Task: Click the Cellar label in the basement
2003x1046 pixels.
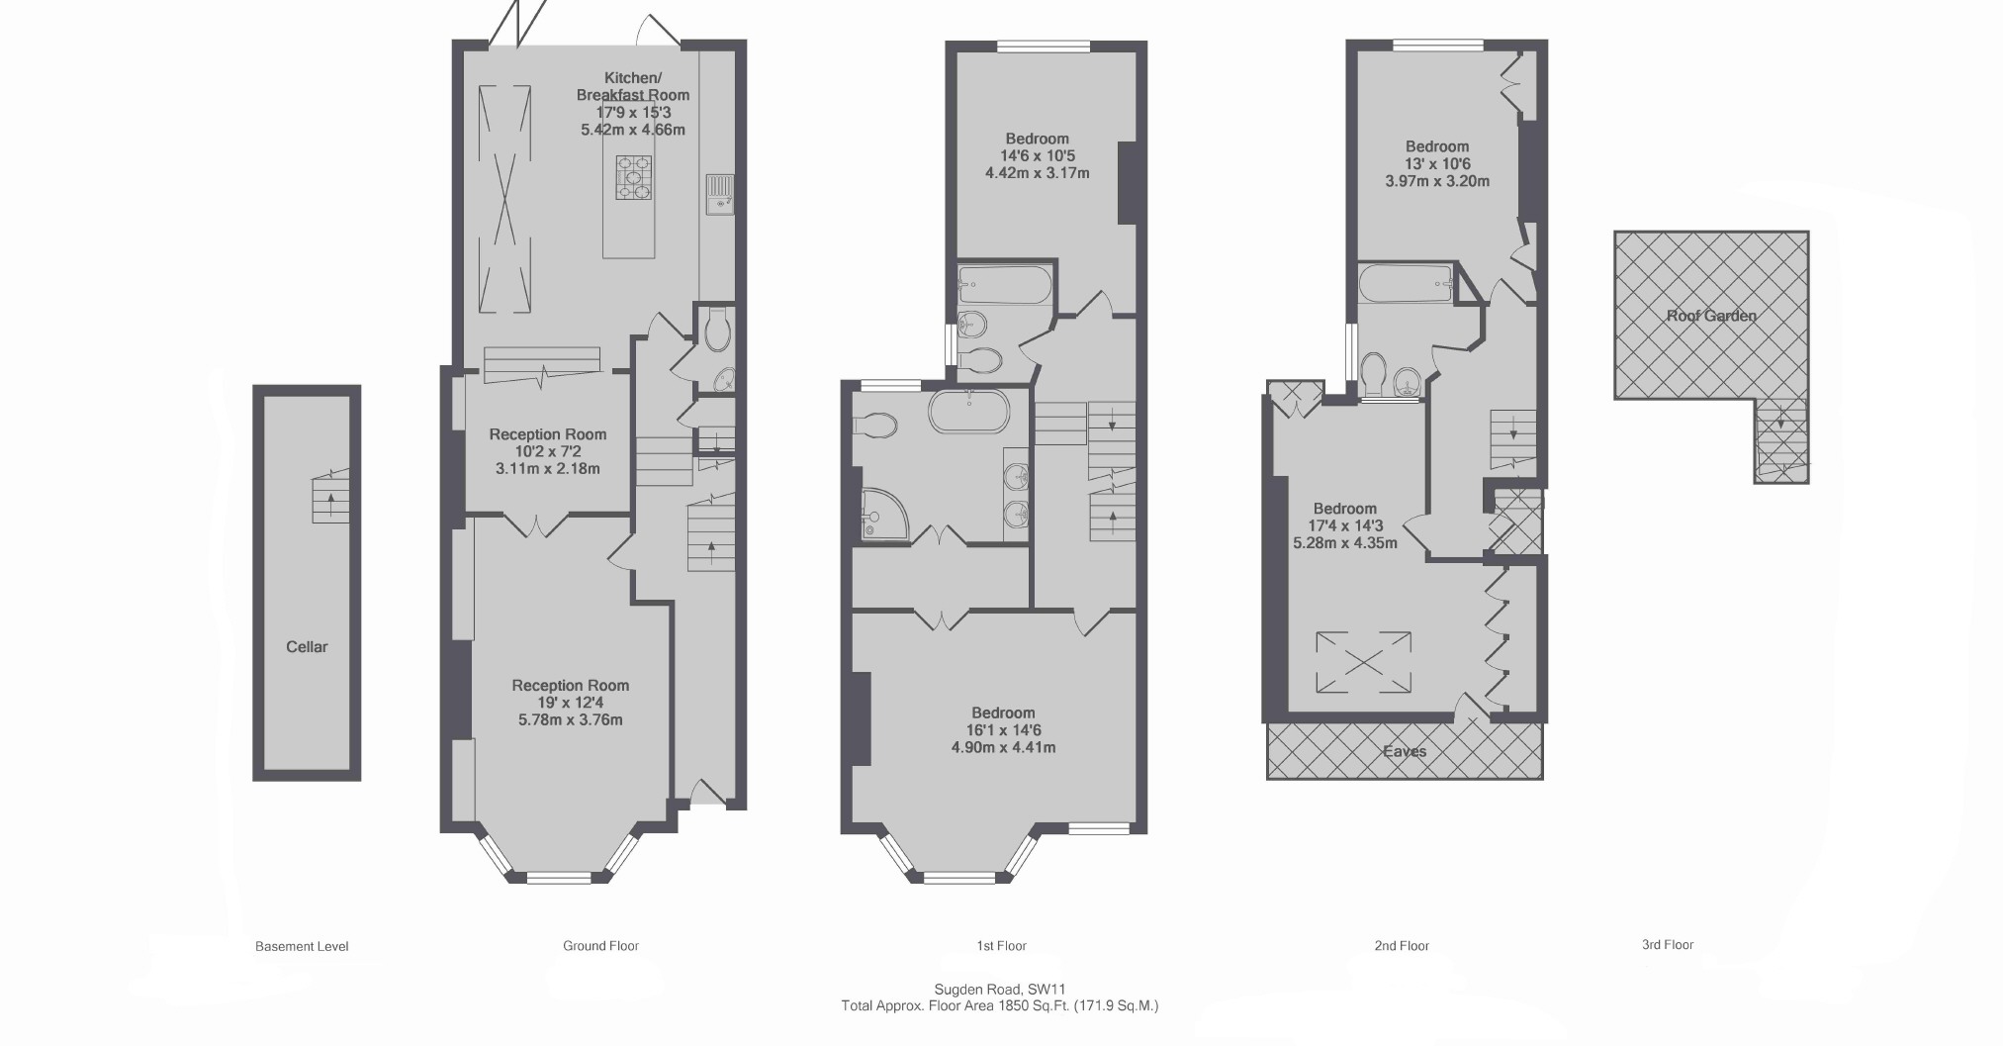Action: pos(307,646)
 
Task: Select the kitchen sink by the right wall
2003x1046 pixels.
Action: pos(719,193)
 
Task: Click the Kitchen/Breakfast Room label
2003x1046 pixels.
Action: pos(633,86)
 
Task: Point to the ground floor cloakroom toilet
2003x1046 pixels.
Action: pos(718,329)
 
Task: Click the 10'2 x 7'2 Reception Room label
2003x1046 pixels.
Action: pos(547,434)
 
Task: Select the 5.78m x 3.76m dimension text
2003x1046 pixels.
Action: pos(570,720)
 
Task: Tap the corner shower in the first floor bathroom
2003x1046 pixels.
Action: pos(879,515)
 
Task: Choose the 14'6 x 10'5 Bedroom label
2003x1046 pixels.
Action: pos(1037,139)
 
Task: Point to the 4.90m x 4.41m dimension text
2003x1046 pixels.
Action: pos(1003,747)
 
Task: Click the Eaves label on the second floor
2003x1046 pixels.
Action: pos(1405,751)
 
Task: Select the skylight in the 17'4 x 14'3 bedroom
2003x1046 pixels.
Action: pos(1363,663)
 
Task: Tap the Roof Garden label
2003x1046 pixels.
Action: pos(1711,316)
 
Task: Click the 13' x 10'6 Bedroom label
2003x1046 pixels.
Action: pos(1437,146)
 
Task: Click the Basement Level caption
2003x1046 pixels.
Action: pos(302,946)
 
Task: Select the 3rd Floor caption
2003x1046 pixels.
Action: pos(1668,945)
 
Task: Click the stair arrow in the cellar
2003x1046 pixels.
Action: pos(330,499)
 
